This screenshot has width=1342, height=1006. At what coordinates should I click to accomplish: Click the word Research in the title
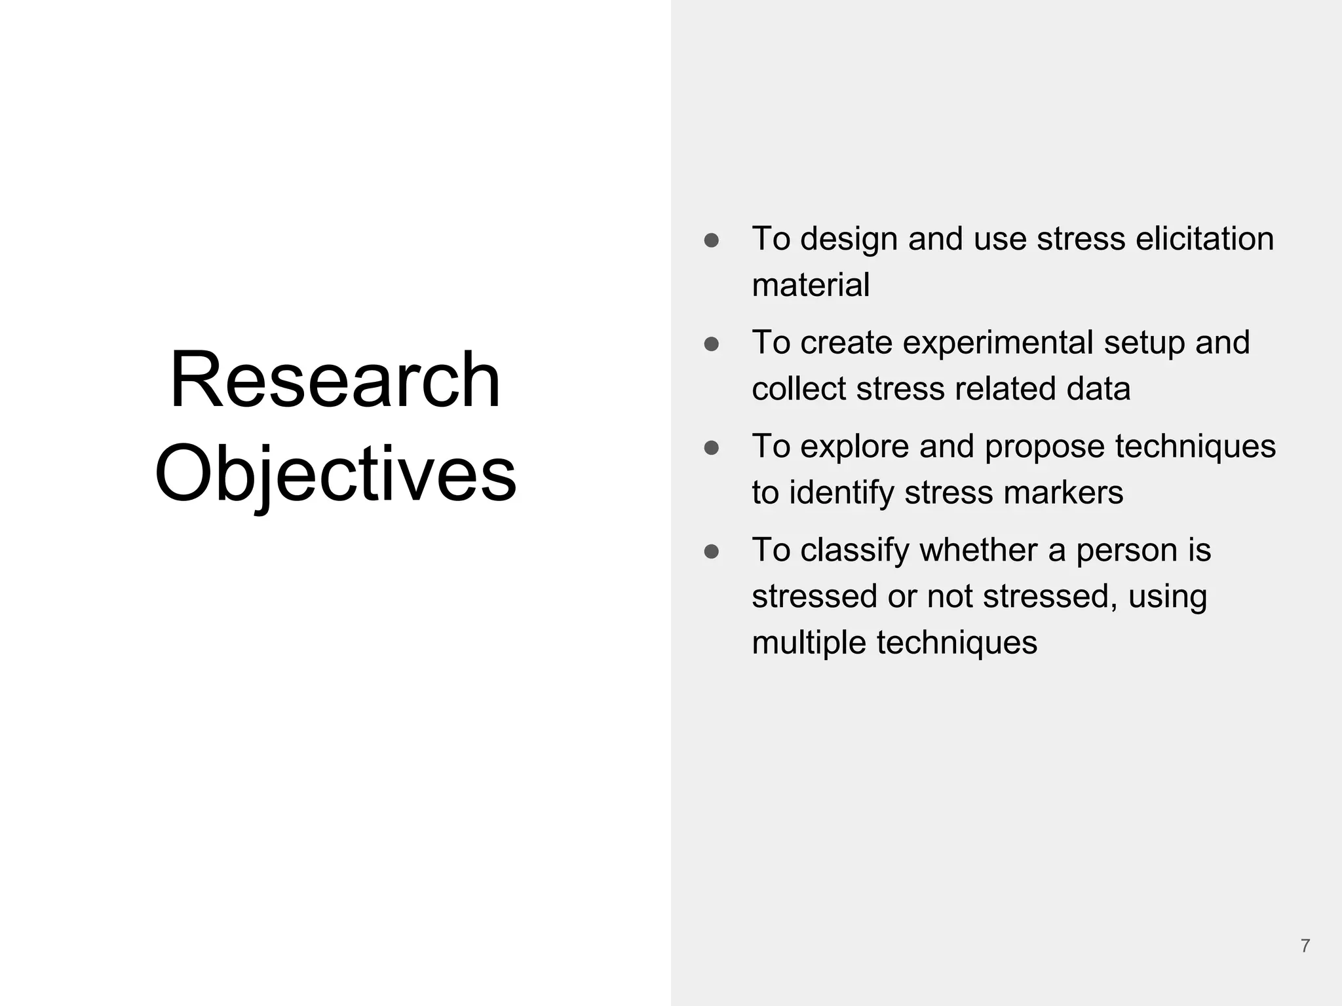tap(335, 380)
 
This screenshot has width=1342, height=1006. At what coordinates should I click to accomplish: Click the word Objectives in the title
tap(335, 473)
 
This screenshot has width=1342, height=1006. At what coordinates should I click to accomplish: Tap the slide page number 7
tap(1305, 946)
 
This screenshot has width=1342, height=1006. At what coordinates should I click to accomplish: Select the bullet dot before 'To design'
tap(712, 240)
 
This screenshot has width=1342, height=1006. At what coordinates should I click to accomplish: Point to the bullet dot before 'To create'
tap(712, 345)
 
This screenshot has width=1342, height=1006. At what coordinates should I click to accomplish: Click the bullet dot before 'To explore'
tap(712, 448)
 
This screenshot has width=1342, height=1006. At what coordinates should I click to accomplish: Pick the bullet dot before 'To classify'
tap(712, 551)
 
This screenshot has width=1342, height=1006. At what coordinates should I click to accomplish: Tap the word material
tap(811, 285)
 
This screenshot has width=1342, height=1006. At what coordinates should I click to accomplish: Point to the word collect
tap(799, 388)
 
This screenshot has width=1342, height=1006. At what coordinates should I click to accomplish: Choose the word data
tap(1098, 388)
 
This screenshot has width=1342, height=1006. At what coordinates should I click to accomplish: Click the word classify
tap(854, 550)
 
